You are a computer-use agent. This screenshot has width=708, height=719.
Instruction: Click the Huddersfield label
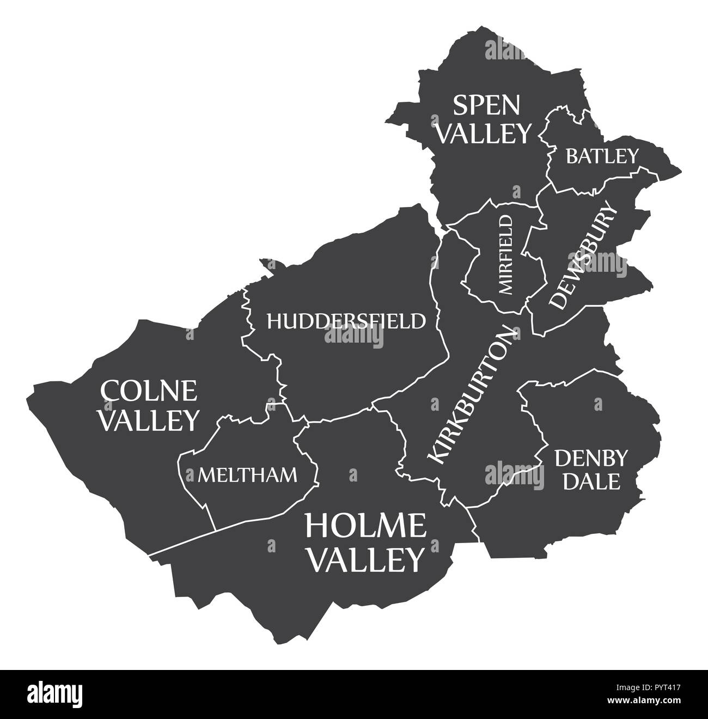point(346,321)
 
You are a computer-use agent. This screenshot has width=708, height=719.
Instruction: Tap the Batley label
point(602,156)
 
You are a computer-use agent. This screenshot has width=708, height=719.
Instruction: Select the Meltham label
point(248,475)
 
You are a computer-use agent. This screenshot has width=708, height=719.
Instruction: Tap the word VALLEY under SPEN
point(484,132)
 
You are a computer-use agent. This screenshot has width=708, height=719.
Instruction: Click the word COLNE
point(148,391)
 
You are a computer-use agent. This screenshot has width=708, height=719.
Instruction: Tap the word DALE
point(591,482)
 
